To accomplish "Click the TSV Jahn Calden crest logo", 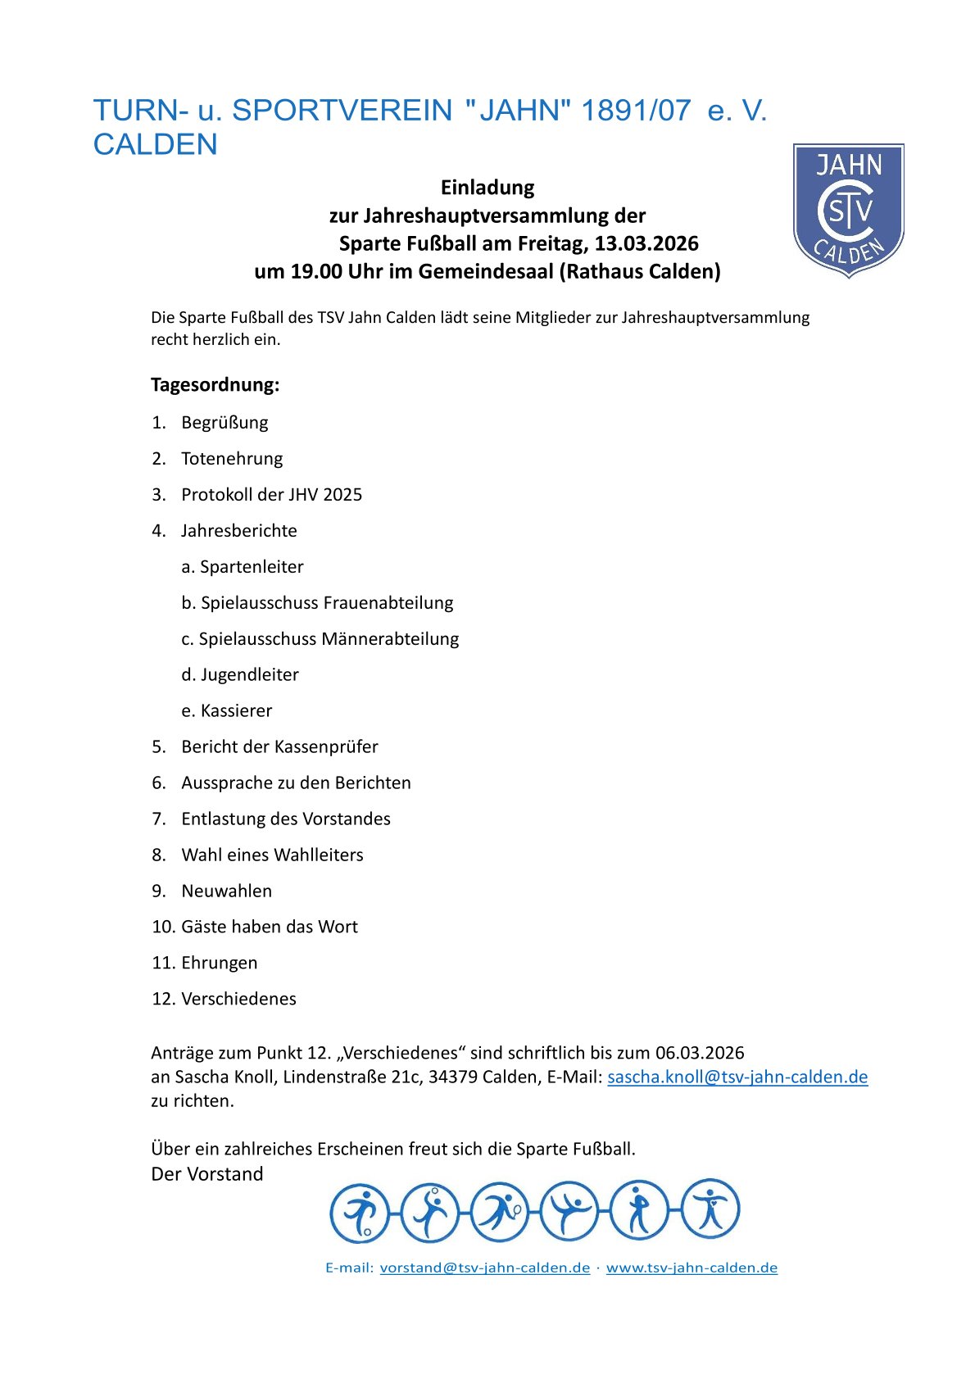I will point(848,211).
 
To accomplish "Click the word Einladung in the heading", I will point(487,188).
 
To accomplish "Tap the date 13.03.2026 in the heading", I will point(646,243).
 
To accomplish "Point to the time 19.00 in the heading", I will point(315,271).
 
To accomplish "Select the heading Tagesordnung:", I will point(215,384).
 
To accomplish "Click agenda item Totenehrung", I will point(232,458).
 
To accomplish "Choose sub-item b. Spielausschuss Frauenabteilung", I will point(317,602).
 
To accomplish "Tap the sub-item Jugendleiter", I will point(249,674).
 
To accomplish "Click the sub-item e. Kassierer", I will point(227,710).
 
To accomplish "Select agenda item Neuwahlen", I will point(226,891).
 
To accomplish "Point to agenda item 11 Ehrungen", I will point(219,963).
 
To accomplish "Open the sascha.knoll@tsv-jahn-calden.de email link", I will point(737,1077).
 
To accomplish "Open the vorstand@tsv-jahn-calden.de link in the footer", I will point(484,1268).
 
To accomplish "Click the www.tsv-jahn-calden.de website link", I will point(692,1268).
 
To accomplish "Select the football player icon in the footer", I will point(359,1212).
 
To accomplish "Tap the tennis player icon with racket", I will point(499,1212).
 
